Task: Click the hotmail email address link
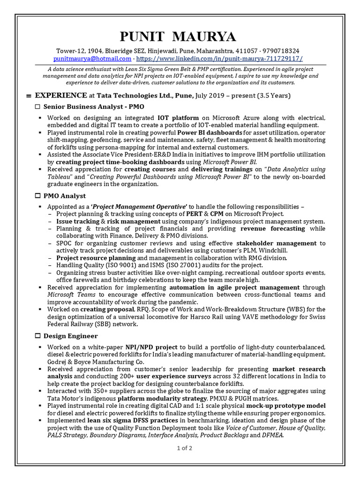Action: click(92, 59)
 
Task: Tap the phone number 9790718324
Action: click(281, 51)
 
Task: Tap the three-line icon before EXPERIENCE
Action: click(29, 96)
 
